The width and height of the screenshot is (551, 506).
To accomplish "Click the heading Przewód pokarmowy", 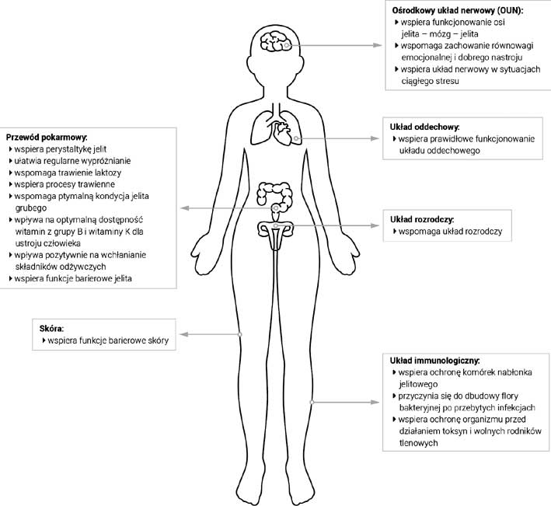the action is pyautogui.click(x=47, y=137).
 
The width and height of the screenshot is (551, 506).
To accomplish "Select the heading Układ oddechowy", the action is pyautogui.click(x=424, y=127).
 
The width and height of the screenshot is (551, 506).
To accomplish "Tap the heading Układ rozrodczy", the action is pyautogui.click(x=422, y=220).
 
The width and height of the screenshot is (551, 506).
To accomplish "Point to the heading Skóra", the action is pyautogui.click(x=51, y=329).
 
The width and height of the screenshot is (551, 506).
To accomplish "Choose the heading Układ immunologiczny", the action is pyautogui.click(x=434, y=361).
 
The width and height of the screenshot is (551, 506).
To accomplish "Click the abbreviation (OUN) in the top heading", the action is pyautogui.click(x=511, y=11).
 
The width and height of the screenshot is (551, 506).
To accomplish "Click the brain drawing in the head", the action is pyautogui.click(x=276, y=41).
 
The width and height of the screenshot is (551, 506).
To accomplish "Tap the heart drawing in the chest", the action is pyautogui.click(x=283, y=133).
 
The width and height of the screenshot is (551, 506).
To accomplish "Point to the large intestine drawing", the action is pyautogui.click(x=275, y=197).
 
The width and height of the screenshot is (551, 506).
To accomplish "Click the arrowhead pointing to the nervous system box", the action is pyautogui.click(x=378, y=45).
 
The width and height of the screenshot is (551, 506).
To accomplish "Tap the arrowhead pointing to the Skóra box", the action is pyautogui.click(x=184, y=334).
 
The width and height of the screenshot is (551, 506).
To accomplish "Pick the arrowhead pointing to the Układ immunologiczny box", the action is pyautogui.click(x=375, y=402).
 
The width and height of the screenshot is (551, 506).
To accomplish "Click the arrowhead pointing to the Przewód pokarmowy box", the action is pyautogui.click(x=185, y=208).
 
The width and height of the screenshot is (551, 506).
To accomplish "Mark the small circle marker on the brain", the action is pyautogui.click(x=287, y=45).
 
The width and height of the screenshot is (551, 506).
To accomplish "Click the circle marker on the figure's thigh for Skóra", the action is pyautogui.click(x=240, y=334).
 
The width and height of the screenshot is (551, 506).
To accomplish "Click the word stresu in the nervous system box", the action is pyautogui.click(x=448, y=81).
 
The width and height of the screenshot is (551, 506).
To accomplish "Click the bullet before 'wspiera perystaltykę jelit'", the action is pyautogui.click(x=11, y=149).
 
